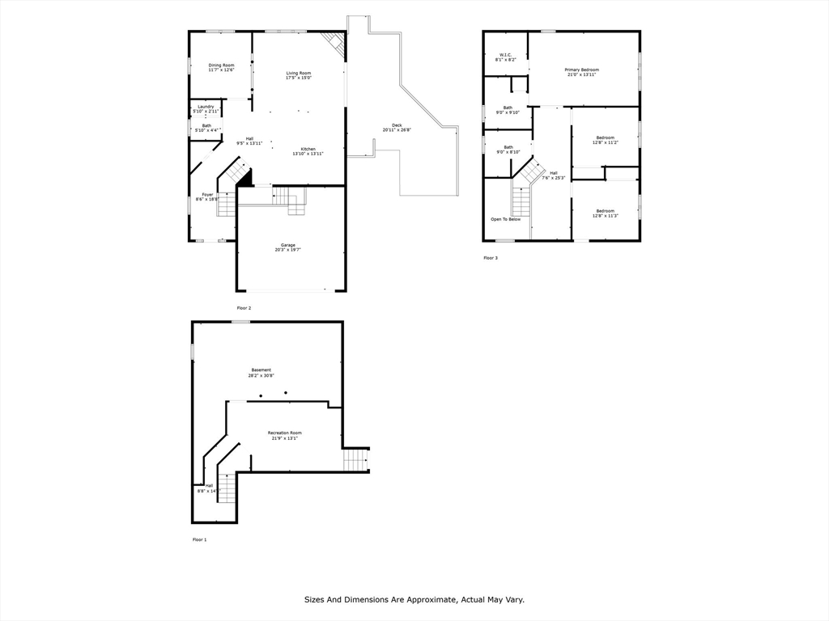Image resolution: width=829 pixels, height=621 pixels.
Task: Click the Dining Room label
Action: click(x=221, y=65)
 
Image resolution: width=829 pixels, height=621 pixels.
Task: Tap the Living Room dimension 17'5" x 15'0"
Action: click(x=298, y=78)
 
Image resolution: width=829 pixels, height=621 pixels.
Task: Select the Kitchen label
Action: click(x=308, y=149)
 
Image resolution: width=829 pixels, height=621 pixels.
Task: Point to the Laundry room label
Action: click(x=206, y=107)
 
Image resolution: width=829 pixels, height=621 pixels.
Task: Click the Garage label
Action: click(x=287, y=245)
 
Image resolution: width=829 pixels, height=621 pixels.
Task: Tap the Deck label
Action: click(x=397, y=125)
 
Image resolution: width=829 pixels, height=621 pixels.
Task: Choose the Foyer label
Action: click(x=208, y=194)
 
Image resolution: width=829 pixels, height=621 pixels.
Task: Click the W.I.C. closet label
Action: click(x=505, y=55)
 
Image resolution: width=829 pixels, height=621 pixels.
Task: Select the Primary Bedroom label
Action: click(x=581, y=70)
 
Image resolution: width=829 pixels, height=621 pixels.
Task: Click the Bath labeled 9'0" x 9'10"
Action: click(x=508, y=108)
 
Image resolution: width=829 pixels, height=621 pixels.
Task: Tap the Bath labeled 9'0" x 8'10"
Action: click(x=508, y=147)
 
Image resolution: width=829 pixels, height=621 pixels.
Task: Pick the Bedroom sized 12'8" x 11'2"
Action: click(x=605, y=137)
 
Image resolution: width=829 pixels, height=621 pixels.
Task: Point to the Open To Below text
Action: click(x=505, y=219)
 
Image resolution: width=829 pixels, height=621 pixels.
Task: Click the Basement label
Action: click(x=261, y=370)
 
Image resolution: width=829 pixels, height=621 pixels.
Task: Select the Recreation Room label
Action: click(x=284, y=433)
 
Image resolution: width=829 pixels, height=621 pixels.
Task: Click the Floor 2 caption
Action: click(x=244, y=308)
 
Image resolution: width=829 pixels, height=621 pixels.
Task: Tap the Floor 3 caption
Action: click(x=491, y=258)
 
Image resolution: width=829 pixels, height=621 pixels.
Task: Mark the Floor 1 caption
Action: click(x=199, y=539)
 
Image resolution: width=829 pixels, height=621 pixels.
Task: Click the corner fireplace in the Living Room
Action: click(x=334, y=43)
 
